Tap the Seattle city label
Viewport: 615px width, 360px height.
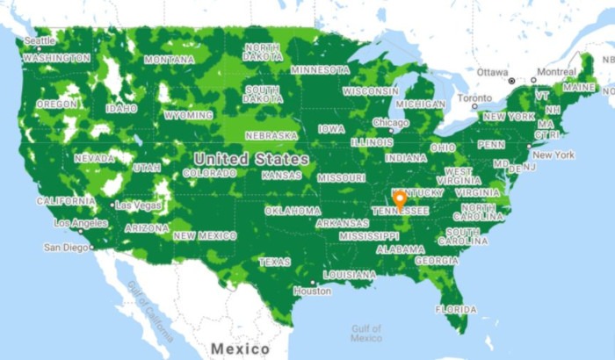[40, 40]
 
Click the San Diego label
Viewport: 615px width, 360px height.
[66, 248]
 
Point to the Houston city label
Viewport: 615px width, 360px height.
[313, 291]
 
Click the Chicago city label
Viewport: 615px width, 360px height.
[390, 123]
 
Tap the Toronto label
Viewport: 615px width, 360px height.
[474, 97]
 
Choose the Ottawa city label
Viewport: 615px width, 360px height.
[493, 71]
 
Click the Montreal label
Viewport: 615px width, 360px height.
[556, 71]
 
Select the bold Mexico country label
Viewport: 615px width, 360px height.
[241, 349]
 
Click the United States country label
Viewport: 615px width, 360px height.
[251, 159]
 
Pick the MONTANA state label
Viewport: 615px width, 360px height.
[169, 60]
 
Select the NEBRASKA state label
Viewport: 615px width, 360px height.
[271, 136]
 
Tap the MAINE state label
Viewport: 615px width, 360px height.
[579, 88]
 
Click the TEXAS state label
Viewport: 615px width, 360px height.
[274, 262]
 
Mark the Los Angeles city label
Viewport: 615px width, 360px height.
[80, 223]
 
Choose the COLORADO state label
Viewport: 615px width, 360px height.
[209, 173]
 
